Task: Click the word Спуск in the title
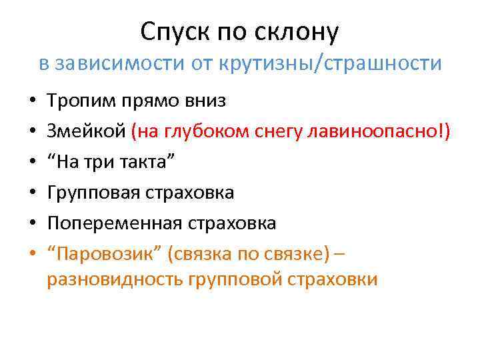coord(169,31)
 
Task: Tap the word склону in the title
coord(303,31)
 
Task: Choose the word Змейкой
coord(86,131)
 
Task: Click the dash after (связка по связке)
coord(339,254)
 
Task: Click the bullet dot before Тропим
coord(31,102)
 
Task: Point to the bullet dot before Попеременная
coord(31,224)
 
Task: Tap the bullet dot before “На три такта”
coord(31,163)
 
